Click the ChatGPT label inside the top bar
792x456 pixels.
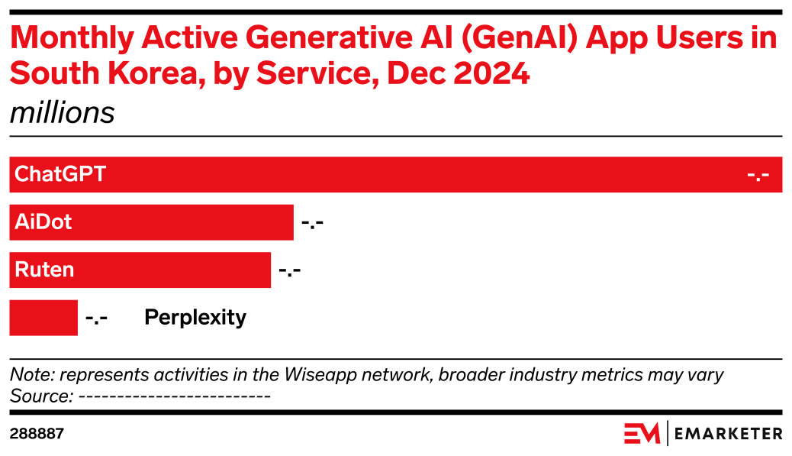coord(60,175)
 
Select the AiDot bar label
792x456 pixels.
coord(43,222)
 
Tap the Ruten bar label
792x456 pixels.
coord(44,270)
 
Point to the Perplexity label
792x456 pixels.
coord(195,317)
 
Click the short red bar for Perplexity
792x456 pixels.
coord(43,317)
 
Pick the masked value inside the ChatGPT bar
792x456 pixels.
coord(758,176)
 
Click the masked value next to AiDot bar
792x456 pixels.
coord(313,223)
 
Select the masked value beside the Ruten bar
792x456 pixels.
coord(290,270)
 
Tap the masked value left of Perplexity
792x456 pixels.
coord(96,318)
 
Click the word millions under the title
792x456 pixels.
coord(62,113)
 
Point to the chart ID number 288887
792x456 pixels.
coord(37,434)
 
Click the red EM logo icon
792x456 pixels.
coord(642,433)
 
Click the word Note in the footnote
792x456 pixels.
coord(31,375)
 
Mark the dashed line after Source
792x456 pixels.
coord(175,396)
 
